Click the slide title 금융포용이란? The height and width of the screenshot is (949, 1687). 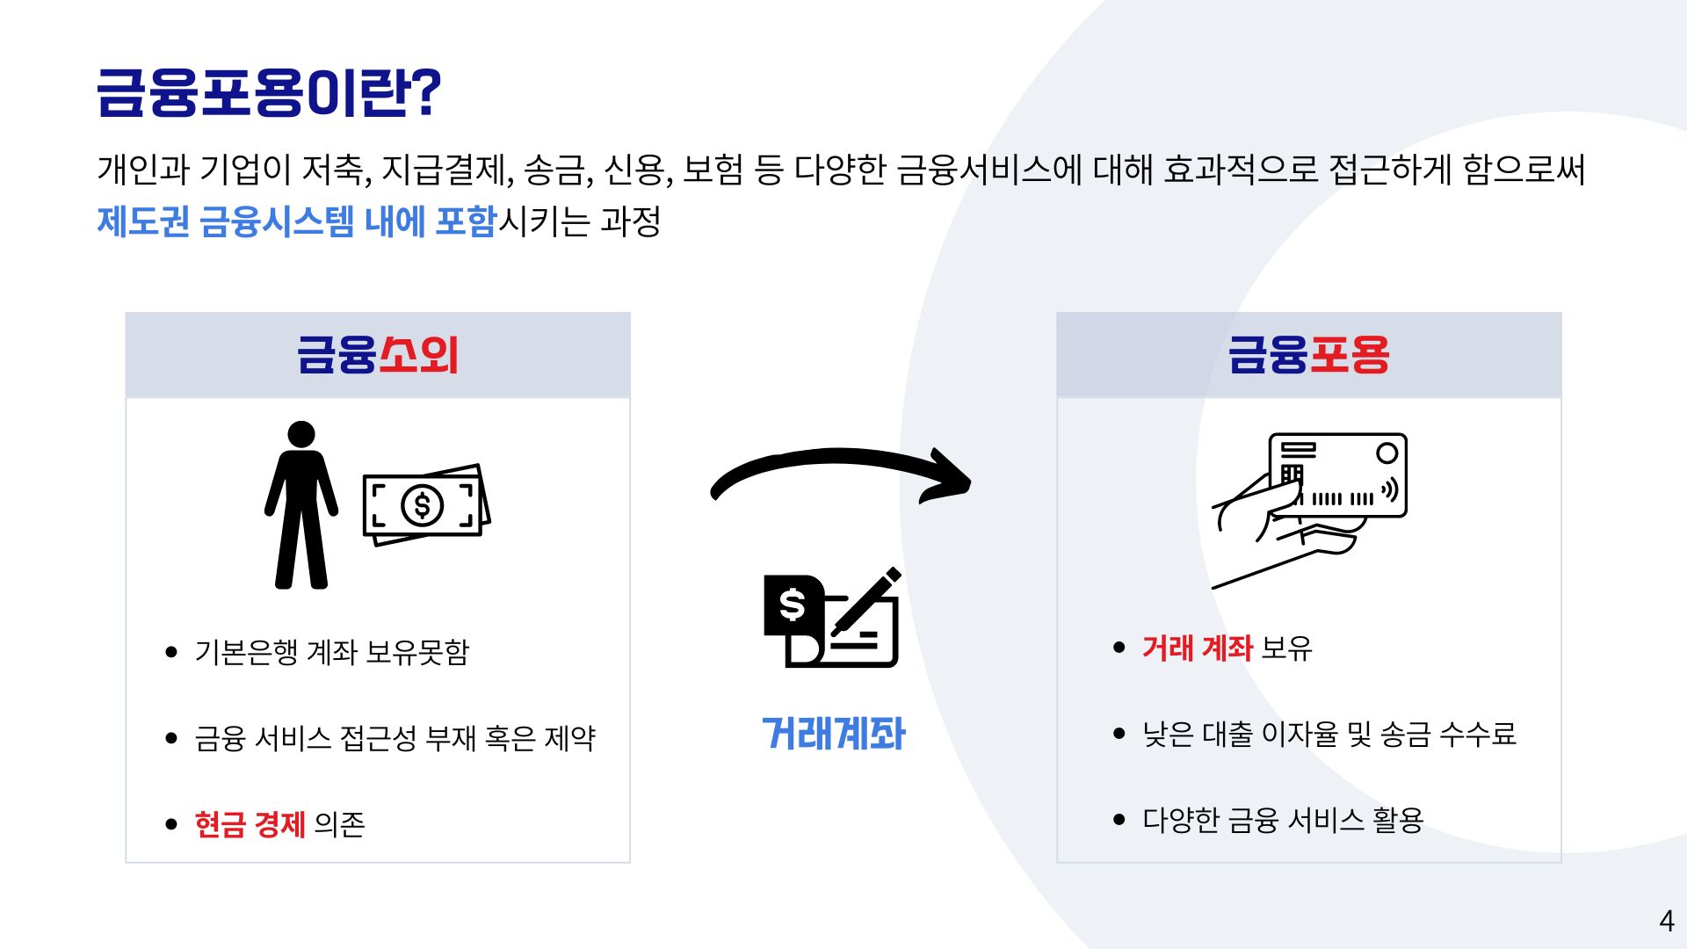tap(269, 92)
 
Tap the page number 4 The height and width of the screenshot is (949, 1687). tap(1666, 921)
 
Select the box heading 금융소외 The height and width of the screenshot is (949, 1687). tap(378, 355)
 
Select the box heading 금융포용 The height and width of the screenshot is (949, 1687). tap(1308, 355)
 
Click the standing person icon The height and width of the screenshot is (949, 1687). tap(301, 505)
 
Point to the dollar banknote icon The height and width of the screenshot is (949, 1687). tap(425, 505)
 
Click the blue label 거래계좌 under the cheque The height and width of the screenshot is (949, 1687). tap(833, 734)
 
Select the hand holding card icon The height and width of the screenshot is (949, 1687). tap(1309, 505)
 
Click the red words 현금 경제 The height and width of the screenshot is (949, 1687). tap(250, 824)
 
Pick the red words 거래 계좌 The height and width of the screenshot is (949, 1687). tap(1197, 648)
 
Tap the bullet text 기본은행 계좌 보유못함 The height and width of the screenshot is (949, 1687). tap(332, 652)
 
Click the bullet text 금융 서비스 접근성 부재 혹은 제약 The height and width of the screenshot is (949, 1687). tap(395, 738)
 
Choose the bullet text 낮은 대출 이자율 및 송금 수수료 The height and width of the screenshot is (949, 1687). tap(1329, 734)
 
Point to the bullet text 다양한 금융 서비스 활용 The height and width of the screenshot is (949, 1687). tap(1282, 820)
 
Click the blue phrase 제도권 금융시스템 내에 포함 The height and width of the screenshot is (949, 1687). tap(297, 221)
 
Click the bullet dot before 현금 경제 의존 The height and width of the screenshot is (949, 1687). tap(171, 824)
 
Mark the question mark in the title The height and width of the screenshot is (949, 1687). tap(426, 92)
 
